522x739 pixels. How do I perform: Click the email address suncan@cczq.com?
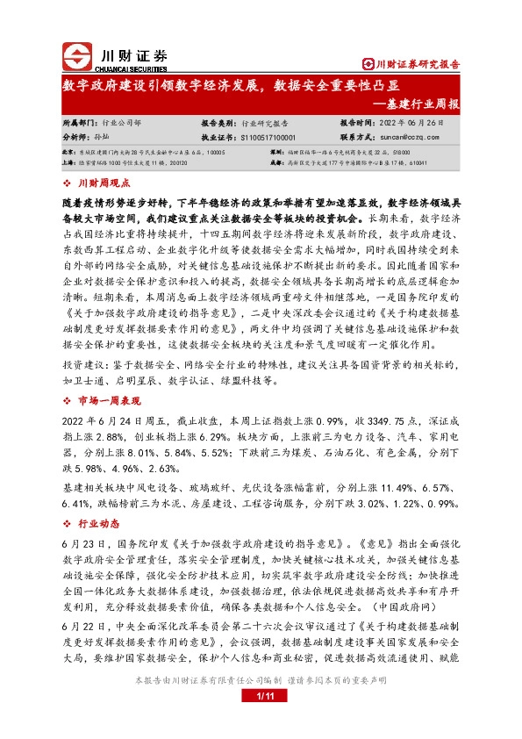410,138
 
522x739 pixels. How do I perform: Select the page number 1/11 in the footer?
261,696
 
